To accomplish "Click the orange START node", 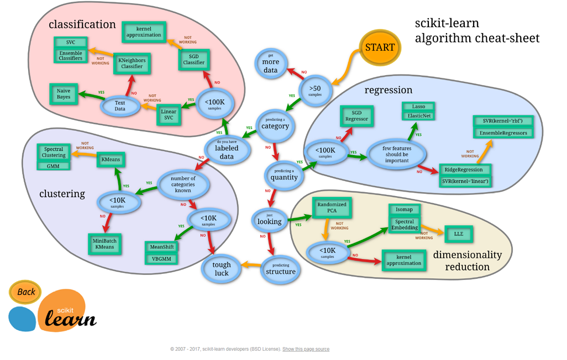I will pyautogui.click(x=380, y=47).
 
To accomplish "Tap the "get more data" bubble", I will pyautogui.click(x=271, y=66).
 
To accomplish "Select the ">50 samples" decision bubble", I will pyautogui.click(x=314, y=90).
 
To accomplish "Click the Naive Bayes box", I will pyautogui.click(x=64, y=94).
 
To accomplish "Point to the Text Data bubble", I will pyautogui.click(x=120, y=105).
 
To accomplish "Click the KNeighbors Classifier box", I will pyautogui.click(x=132, y=63).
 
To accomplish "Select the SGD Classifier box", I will pyautogui.click(x=194, y=59).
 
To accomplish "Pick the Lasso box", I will pyautogui.click(x=418, y=106).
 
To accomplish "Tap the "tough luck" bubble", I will pyautogui.click(x=222, y=269).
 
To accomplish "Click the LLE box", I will pyautogui.click(x=459, y=234).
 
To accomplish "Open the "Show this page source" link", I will pyautogui.click(x=306, y=349).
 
